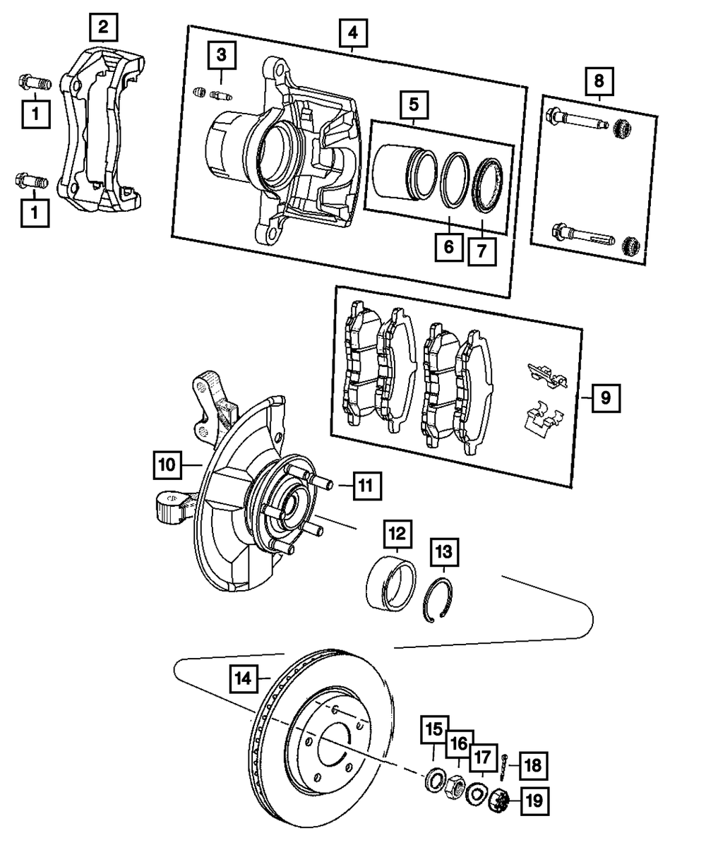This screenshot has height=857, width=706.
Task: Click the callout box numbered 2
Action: (104, 28)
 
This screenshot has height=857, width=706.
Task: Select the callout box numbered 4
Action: (352, 32)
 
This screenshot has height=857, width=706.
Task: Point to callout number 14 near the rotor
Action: (243, 678)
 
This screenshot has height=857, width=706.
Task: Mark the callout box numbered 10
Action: (167, 465)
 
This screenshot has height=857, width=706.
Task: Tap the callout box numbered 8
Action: (599, 82)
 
